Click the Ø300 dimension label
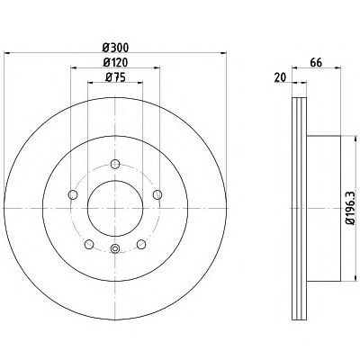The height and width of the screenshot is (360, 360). (x=115, y=48)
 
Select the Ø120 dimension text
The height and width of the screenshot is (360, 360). (x=115, y=62)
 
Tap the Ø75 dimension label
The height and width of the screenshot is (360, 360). (x=115, y=77)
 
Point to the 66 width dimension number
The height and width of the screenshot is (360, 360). (x=316, y=63)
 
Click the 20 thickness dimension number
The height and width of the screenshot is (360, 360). (x=280, y=77)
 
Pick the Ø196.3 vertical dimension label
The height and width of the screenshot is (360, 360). (x=350, y=208)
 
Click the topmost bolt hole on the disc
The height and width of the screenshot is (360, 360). (x=115, y=164)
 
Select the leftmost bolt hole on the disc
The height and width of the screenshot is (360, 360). (x=73, y=194)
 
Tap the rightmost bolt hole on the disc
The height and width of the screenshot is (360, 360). (x=157, y=194)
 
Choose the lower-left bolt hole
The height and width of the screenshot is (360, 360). (x=89, y=245)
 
